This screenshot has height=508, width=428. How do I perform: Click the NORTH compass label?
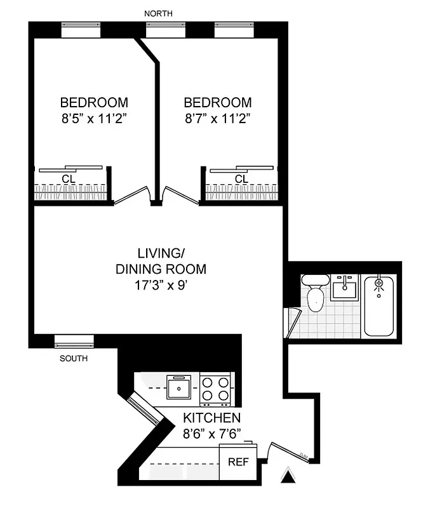tap(157, 13)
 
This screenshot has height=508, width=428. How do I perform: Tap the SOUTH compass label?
tap(74, 358)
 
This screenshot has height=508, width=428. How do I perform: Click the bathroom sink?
tap(345, 288)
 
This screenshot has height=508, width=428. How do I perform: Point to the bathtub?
tap(380, 305)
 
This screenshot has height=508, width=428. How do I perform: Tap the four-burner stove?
tap(215, 389)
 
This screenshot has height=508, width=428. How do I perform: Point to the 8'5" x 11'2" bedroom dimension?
tap(94, 118)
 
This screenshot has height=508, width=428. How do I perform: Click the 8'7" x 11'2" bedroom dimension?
tap(218, 118)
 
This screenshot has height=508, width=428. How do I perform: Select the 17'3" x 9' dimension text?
tap(161, 285)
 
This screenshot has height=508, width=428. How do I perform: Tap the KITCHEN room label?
tap(211, 418)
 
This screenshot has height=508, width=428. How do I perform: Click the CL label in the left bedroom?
tap(67, 179)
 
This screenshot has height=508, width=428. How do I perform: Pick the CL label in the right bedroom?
tap(241, 179)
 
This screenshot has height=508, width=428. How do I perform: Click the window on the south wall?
tap(74, 341)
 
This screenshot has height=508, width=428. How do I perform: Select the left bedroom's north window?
tap(81, 29)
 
